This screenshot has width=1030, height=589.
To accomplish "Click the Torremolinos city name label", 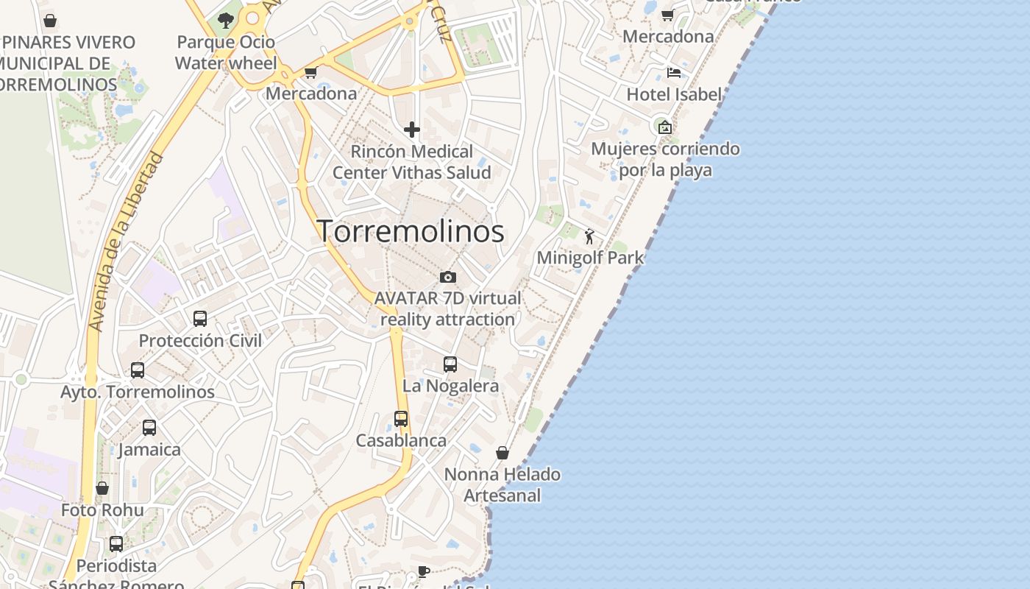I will click(411, 231).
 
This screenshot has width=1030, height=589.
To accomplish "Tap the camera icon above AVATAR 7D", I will click(447, 277).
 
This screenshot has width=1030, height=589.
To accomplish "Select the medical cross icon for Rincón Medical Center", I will click(412, 130).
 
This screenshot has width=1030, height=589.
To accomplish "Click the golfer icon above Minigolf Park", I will click(589, 236).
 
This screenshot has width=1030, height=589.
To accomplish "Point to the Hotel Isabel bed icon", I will click(673, 73).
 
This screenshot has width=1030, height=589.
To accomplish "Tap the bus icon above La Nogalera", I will click(450, 364).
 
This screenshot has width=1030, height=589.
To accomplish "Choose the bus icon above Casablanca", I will click(401, 419).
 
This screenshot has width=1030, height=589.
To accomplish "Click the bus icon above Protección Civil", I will click(200, 319).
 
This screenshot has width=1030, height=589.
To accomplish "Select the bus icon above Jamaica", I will click(149, 428).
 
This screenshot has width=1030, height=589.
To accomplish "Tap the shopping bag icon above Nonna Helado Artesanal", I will click(502, 452).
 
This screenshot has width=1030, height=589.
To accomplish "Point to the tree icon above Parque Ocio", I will click(226, 20).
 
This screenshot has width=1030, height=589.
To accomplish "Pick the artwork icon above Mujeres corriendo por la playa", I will click(665, 127).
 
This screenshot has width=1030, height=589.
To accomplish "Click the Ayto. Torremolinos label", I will click(138, 392).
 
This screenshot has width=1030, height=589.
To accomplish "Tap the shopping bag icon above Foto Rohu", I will click(102, 488).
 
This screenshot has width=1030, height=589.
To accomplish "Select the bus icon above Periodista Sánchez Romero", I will click(116, 544).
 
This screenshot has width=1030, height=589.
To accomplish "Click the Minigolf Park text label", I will click(590, 258).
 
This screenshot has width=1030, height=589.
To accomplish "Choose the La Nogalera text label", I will click(450, 385).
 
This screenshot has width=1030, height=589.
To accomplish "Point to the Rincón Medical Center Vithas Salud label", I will click(412, 162).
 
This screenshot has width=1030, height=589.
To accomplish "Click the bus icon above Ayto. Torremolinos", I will click(138, 370).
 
